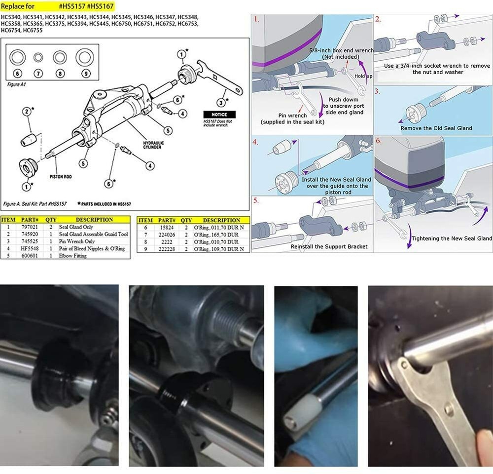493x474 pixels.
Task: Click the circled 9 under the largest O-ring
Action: (x=85, y=74)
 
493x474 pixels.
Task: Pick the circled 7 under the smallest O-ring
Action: (x=38, y=74)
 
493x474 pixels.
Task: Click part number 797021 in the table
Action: (x=28, y=227)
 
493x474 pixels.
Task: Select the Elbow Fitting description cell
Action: (x=72, y=256)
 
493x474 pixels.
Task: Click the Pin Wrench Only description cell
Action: (x=76, y=241)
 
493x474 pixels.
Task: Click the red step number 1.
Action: (x=256, y=19)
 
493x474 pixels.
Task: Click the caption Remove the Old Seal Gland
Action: (x=436, y=128)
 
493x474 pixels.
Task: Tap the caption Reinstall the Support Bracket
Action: (x=329, y=246)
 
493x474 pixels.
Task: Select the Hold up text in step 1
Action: (x=362, y=76)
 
